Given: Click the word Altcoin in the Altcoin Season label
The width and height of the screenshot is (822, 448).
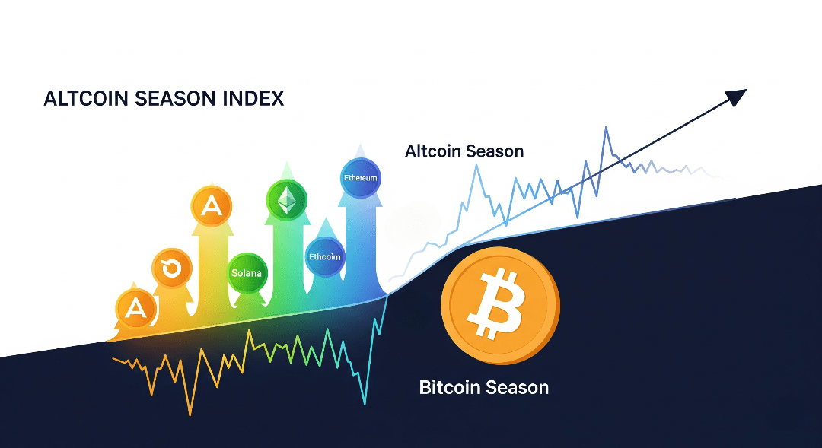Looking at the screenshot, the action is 432,151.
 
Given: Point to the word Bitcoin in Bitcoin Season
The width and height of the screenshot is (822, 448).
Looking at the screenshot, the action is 450,387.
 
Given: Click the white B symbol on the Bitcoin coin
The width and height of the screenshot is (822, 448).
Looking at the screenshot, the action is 495,303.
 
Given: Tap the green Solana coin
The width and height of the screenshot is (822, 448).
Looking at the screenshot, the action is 247,273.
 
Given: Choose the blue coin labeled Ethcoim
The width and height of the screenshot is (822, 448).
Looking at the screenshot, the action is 325,256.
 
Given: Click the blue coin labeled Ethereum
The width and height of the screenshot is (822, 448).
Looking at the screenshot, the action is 361,178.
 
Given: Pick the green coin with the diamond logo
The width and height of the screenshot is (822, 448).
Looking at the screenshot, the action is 286,200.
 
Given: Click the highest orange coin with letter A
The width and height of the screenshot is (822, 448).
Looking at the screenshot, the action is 212,206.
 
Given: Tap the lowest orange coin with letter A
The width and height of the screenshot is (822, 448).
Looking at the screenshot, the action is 135,307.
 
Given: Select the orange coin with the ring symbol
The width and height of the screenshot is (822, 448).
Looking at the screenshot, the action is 171,268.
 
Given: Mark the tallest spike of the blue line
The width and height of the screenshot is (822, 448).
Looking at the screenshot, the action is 606,127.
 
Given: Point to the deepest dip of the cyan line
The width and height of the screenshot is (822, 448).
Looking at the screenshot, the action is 365,404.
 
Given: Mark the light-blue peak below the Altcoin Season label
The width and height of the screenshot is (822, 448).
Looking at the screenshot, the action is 476,166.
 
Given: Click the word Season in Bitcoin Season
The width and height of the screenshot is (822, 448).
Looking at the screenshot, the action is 517,387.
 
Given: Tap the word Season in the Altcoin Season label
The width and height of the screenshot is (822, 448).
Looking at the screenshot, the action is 495,151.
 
